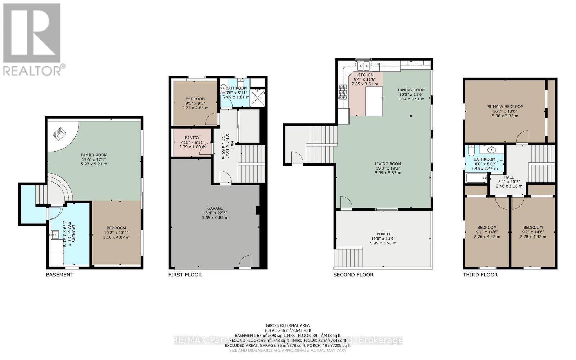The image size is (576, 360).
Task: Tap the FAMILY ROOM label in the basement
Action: [x=94, y=155]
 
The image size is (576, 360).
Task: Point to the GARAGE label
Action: [x=215, y=208]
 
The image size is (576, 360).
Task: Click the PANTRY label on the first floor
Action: [x=192, y=138]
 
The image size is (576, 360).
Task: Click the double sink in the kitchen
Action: [x=364, y=66]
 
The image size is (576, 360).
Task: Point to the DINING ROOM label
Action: [x=411, y=90]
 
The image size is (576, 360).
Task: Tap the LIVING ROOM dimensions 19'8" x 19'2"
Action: [x=388, y=168]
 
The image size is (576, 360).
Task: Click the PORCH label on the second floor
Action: [x=383, y=234]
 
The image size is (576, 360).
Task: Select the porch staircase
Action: [x=348, y=257]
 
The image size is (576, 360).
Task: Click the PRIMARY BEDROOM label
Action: [x=505, y=107]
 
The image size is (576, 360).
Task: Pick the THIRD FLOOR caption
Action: [x=480, y=275]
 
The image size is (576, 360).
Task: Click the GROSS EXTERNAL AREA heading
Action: [x=288, y=325]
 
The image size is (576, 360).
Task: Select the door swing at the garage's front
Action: [x=245, y=262]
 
